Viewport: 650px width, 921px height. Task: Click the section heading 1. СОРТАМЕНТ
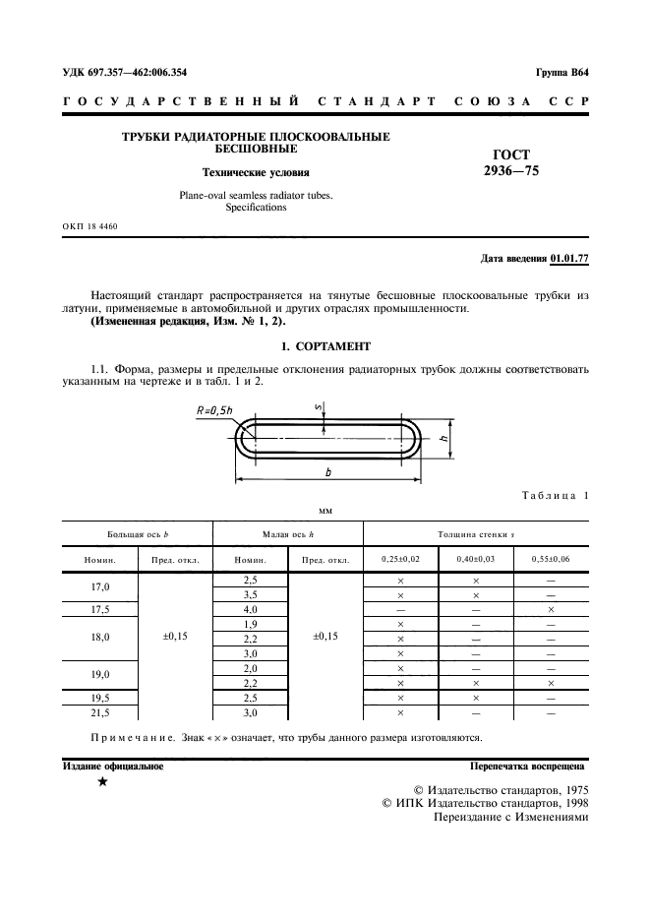[325, 346]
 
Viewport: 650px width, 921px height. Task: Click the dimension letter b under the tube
[327, 472]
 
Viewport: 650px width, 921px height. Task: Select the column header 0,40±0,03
[476, 560]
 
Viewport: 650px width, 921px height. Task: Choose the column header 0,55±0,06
[552, 560]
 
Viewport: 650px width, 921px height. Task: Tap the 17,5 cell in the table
[100, 609]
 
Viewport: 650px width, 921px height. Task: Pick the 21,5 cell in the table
[100, 712]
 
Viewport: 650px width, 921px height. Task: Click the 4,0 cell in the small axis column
[250, 609]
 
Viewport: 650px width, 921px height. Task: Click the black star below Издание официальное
[102, 782]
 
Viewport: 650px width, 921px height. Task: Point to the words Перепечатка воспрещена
[529, 765]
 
